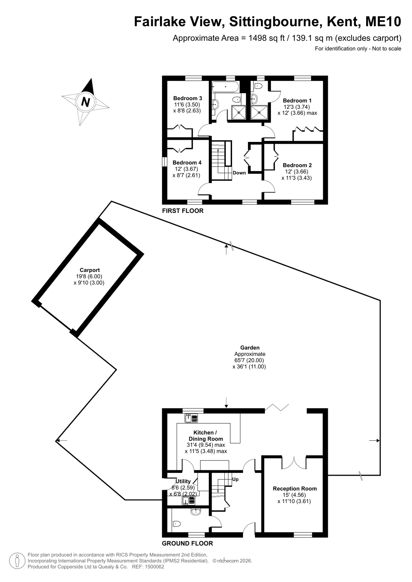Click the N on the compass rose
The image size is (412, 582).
[x=85, y=102]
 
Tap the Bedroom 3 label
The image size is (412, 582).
[x=188, y=98]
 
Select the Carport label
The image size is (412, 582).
[x=90, y=270]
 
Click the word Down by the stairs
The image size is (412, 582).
[x=239, y=173]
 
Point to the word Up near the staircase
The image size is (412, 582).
[x=235, y=479]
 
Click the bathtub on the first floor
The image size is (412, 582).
[x=225, y=87]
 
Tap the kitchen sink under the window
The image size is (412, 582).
[x=191, y=418]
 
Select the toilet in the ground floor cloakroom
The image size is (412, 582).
[x=177, y=523]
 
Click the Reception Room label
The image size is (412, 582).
[x=295, y=488]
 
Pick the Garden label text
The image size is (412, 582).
[x=250, y=348]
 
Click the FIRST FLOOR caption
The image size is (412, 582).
[x=183, y=211]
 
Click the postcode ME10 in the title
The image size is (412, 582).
[x=383, y=22]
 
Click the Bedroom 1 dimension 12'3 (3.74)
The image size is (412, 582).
[x=297, y=107]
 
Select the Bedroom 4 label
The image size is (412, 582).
[x=187, y=163]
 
